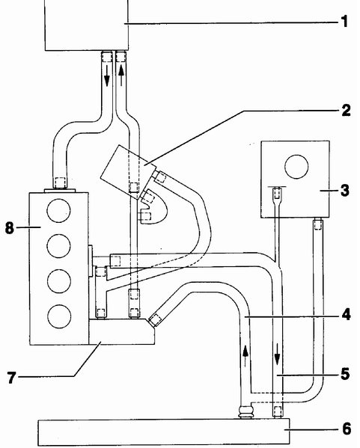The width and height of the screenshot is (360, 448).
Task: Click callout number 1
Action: [345, 22]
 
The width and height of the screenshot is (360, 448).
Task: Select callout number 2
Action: [346, 110]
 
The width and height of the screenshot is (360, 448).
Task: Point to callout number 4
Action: [346, 315]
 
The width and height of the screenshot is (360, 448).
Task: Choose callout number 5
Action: [346, 374]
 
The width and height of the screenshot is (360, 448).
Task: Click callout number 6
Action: [347, 429]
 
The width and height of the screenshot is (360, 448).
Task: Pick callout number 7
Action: [11, 378]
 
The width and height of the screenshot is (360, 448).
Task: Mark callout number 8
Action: [10, 228]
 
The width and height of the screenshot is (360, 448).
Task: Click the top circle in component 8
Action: [58, 211]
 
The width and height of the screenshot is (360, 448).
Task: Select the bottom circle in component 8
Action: [59, 316]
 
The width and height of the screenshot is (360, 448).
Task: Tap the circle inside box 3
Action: [296, 167]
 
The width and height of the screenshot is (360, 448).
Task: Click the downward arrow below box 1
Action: [107, 75]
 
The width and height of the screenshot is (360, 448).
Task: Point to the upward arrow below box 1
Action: [121, 75]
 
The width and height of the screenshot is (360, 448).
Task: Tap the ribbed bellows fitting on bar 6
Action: [246, 411]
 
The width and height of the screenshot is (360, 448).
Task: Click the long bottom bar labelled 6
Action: [164, 432]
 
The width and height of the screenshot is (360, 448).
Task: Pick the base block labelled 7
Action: [121, 331]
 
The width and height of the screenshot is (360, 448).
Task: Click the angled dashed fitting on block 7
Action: [155, 319]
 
